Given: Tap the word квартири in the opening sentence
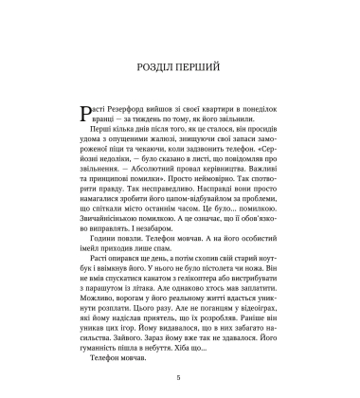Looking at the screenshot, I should [x=213, y=111].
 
